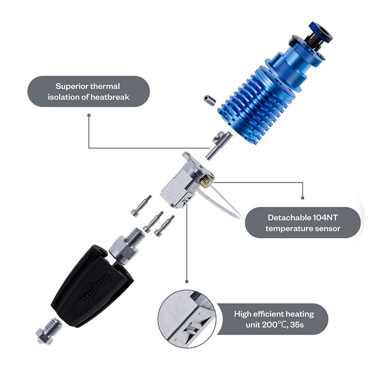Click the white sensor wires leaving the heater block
(x=226, y=203)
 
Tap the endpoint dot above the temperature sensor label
(x=302, y=198)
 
